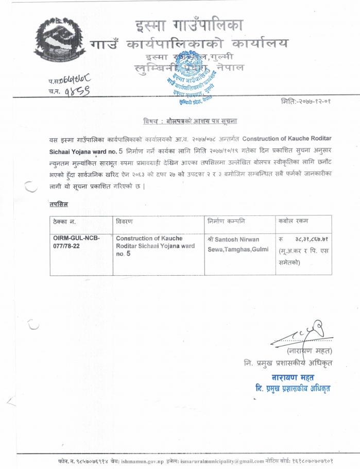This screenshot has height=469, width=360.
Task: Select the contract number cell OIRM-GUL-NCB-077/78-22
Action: point(76,243)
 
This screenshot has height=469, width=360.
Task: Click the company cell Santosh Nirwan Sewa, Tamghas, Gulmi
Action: point(235,244)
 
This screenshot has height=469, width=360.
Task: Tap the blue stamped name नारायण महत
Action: point(301,378)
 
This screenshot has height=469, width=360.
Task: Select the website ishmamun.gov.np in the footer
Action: point(146,461)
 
